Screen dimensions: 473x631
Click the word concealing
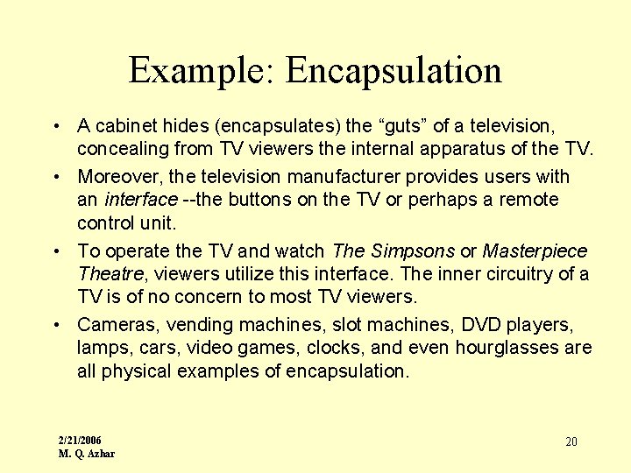pyautogui.click(x=120, y=150)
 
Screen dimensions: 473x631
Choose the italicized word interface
pyautogui.click(x=140, y=199)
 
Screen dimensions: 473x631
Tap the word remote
pyautogui.click(x=528, y=199)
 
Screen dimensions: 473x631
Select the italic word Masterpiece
pyautogui.click(x=535, y=251)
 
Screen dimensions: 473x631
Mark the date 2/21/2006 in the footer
pyautogui.click(x=80, y=440)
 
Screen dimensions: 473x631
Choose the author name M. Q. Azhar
pyautogui.click(x=86, y=454)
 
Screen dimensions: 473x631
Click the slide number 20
pyautogui.click(x=571, y=441)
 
